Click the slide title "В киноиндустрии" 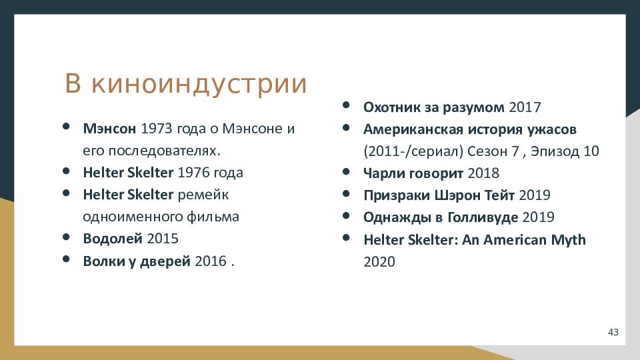(186, 84)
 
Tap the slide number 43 (613, 332)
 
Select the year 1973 (156, 129)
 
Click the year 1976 (193, 173)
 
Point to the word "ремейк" (203, 195)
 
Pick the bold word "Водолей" (113, 239)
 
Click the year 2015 (163, 239)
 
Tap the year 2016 (211, 261)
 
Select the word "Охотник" (392, 107)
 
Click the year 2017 (525, 107)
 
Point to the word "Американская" (413, 129)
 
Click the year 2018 (483, 173)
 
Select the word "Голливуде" (483, 217)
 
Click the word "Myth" (568, 239)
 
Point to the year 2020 (379, 262)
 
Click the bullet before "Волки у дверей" (66, 259)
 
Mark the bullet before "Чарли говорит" (346, 171)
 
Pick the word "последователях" (151, 151)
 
